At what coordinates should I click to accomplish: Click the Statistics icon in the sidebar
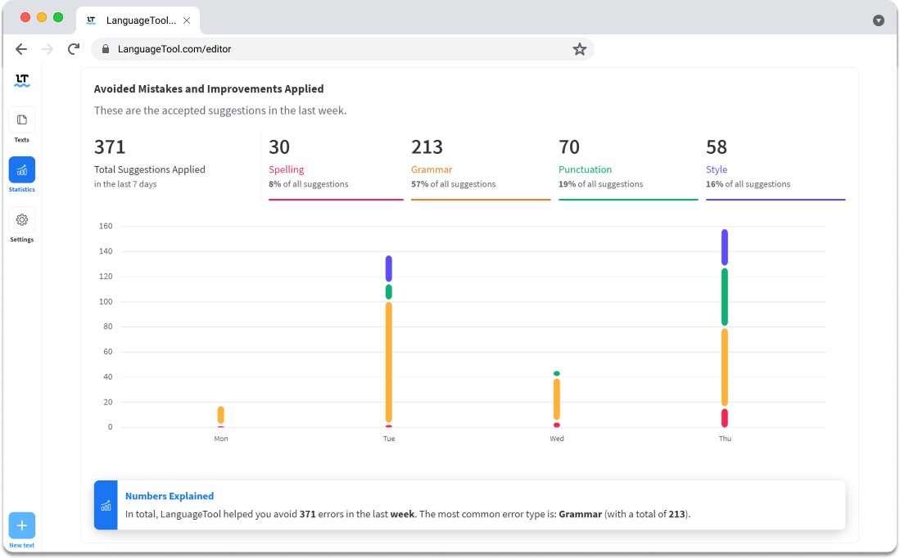coord(22,170)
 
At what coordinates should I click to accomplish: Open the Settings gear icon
coord(22,220)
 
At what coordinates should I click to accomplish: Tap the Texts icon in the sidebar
coord(22,120)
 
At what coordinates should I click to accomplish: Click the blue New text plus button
coord(22,525)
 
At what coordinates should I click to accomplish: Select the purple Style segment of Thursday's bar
coord(725,247)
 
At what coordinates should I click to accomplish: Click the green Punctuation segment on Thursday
coord(725,297)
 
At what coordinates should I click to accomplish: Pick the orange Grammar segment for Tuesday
coord(389,362)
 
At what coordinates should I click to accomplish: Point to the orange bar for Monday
coord(221,415)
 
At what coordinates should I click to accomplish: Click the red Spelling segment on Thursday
coord(725,417)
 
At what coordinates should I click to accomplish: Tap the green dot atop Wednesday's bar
coord(557,374)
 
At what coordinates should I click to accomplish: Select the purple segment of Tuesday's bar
coord(389,268)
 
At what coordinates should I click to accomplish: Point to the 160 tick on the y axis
coord(106,226)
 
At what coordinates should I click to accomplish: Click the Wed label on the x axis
coord(557,439)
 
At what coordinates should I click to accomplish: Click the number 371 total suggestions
coord(110,147)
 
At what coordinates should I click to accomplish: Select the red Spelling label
coord(287,169)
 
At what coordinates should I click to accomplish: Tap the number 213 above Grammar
coord(427,147)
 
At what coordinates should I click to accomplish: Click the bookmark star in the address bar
coord(580,49)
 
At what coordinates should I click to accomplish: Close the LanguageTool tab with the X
coord(187,20)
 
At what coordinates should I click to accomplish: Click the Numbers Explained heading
coord(170,496)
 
